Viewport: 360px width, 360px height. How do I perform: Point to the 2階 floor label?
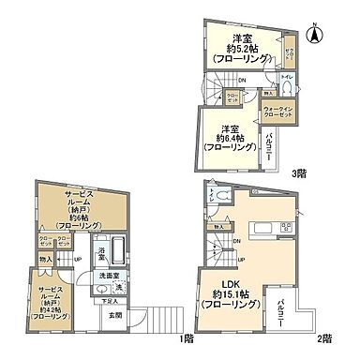(x=324, y=337)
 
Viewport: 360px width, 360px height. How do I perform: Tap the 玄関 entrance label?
(x=115, y=316)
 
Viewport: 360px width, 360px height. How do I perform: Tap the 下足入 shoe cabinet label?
(x=111, y=302)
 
